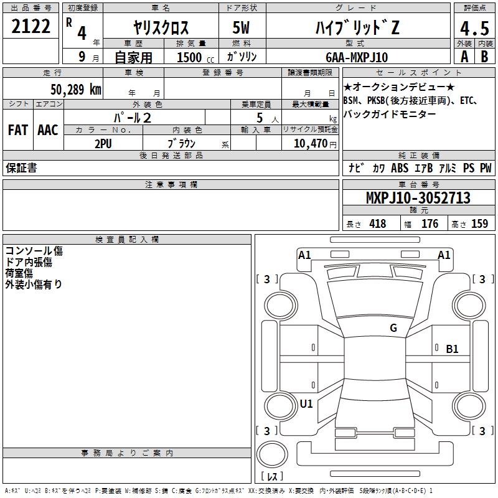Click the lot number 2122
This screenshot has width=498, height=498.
[x=31, y=26]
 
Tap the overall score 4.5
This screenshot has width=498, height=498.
[x=474, y=29]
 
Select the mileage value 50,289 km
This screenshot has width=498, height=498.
[x=76, y=90]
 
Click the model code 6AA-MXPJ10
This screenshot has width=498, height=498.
[x=357, y=57]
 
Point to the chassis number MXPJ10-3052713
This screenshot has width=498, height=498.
[x=418, y=198]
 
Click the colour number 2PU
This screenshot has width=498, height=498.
[x=103, y=144]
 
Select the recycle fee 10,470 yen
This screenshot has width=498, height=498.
[x=315, y=144]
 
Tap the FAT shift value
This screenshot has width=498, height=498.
[x=18, y=130]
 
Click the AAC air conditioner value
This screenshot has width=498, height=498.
[x=48, y=130]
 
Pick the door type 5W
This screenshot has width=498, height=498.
[x=241, y=27]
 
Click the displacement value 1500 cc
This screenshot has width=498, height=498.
[x=195, y=57]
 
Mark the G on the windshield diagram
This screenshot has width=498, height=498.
[x=393, y=328]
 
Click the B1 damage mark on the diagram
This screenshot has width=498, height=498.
[x=452, y=349]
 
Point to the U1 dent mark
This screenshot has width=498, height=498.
[x=306, y=404]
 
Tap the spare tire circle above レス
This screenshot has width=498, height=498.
[x=272, y=454]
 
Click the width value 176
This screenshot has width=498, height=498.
[x=430, y=223]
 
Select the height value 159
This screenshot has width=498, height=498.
[x=479, y=223]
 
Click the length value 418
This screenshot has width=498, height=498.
[x=378, y=223]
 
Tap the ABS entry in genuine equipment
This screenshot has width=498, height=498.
[x=400, y=168]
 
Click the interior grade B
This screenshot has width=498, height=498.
[x=484, y=57]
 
